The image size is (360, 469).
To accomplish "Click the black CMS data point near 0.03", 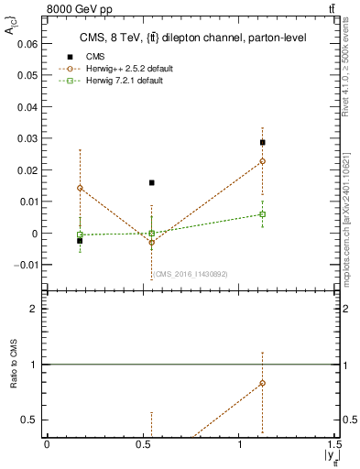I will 262,142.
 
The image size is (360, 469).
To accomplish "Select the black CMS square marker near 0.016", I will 152,182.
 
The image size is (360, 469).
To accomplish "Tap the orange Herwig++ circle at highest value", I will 262,161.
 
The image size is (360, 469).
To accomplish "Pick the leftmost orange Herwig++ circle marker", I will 80,188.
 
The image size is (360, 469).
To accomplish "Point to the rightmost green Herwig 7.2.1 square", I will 262,214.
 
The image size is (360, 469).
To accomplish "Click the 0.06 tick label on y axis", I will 27,43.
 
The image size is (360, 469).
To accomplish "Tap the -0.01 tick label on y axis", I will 26,265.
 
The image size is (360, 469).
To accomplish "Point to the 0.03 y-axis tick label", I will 27,138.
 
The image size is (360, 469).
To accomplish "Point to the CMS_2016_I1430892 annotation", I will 190,274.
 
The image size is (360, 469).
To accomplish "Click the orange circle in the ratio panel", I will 262,383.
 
